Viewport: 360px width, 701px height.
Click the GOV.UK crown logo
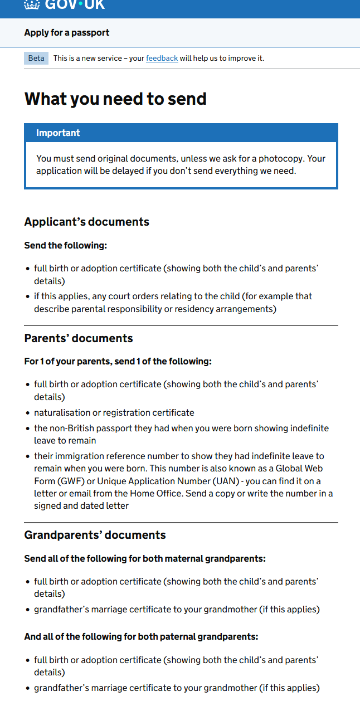click(32, 4)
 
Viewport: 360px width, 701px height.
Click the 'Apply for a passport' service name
click(67, 33)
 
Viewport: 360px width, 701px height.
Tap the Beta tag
click(36, 59)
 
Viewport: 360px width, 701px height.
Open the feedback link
click(162, 59)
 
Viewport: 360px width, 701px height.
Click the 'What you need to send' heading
click(115, 99)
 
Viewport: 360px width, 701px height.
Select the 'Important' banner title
click(58, 133)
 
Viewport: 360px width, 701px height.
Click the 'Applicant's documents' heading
click(86, 222)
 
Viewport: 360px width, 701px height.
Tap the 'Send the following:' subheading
click(65, 246)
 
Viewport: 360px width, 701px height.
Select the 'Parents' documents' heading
click(79, 338)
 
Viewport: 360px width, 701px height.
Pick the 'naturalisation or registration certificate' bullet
click(114, 413)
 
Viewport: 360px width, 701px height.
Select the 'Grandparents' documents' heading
click(95, 535)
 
